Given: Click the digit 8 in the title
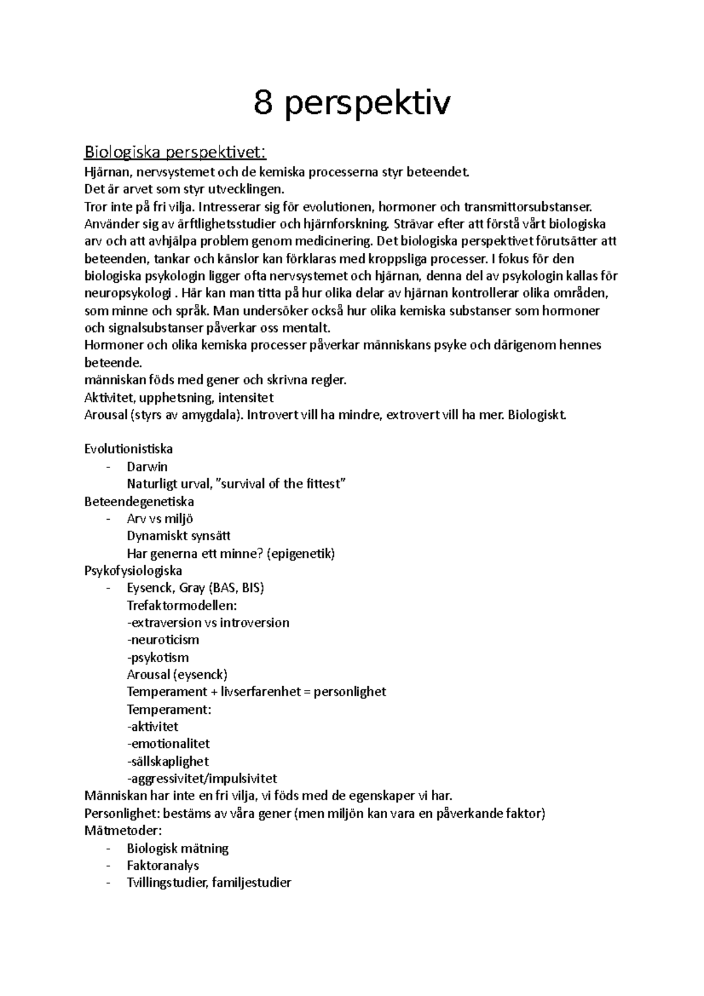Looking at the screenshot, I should [x=264, y=104].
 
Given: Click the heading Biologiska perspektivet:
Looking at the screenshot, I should [x=175, y=153].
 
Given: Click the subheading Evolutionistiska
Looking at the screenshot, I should [x=128, y=449].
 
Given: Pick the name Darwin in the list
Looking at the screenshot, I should [x=147, y=467].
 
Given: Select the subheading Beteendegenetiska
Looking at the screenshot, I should [x=139, y=502].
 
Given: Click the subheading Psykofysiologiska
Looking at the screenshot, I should [x=133, y=571].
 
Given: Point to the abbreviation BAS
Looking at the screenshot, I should [x=225, y=588].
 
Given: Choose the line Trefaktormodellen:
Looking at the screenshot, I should [x=182, y=605].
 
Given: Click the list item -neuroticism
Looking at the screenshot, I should [x=163, y=640].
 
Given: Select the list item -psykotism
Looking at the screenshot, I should [x=158, y=658].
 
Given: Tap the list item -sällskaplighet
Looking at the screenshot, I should [x=168, y=761].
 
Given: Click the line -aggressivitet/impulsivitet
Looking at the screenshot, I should [x=202, y=779].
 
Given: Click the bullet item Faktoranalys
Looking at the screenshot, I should [x=163, y=865].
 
